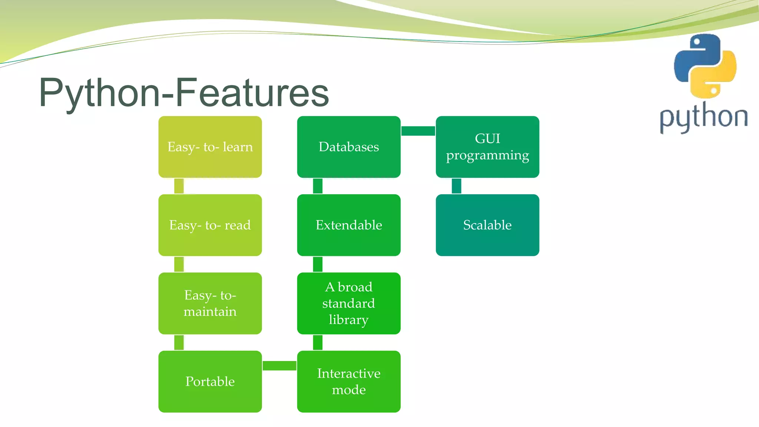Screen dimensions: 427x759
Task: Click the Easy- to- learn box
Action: click(x=210, y=147)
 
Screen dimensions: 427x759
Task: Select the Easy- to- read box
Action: click(x=210, y=225)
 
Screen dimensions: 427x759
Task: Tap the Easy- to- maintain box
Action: click(x=210, y=303)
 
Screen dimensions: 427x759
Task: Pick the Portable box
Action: click(x=210, y=381)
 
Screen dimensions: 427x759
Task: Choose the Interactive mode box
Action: click(x=348, y=381)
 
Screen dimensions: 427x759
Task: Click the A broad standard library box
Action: click(x=348, y=303)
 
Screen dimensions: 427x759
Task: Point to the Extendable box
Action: click(x=348, y=225)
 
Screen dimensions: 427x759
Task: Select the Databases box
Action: click(x=348, y=147)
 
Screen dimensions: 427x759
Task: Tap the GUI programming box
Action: click(x=487, y=147)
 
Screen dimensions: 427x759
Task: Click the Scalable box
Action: click(x=487, y=225)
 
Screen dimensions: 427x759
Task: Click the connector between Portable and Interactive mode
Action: click(x=279, y=365)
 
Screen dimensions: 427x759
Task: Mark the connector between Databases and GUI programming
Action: click(x=418, y=131)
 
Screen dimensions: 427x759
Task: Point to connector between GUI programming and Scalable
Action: click(x=456, y=186)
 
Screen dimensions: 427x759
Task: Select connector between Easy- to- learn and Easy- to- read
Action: click(x=179, y=186)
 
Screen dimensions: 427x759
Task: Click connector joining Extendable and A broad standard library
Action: click(x=318, y=264)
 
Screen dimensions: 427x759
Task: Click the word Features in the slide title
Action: click(x=252, y=93)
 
